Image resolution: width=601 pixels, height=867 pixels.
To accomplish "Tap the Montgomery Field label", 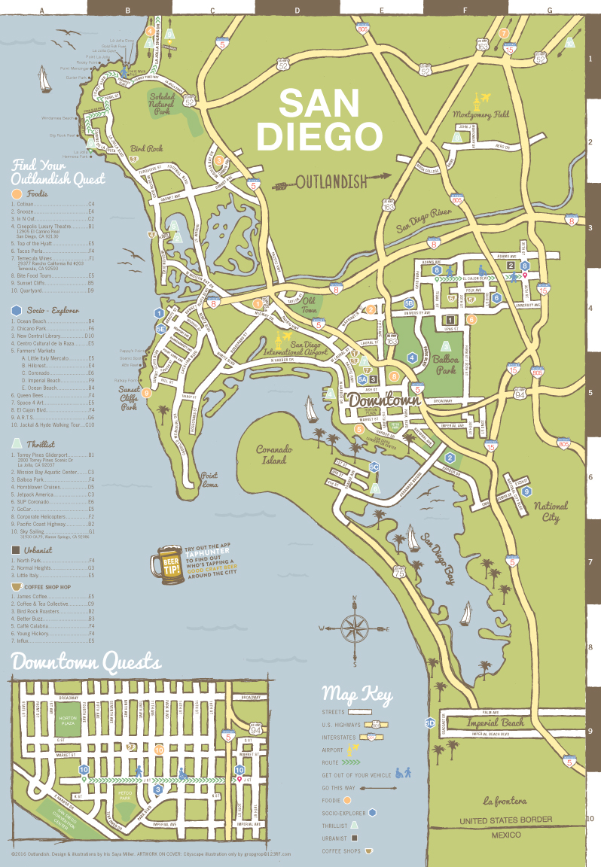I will [x=481, y=115].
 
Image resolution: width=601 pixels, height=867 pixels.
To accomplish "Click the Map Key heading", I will [x=356, y=693].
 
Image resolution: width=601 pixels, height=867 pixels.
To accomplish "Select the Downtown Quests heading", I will [x=86, y=663].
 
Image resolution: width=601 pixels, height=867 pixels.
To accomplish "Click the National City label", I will [x=550, y=512].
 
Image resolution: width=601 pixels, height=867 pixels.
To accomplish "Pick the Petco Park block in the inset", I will [x=125, y=793].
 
